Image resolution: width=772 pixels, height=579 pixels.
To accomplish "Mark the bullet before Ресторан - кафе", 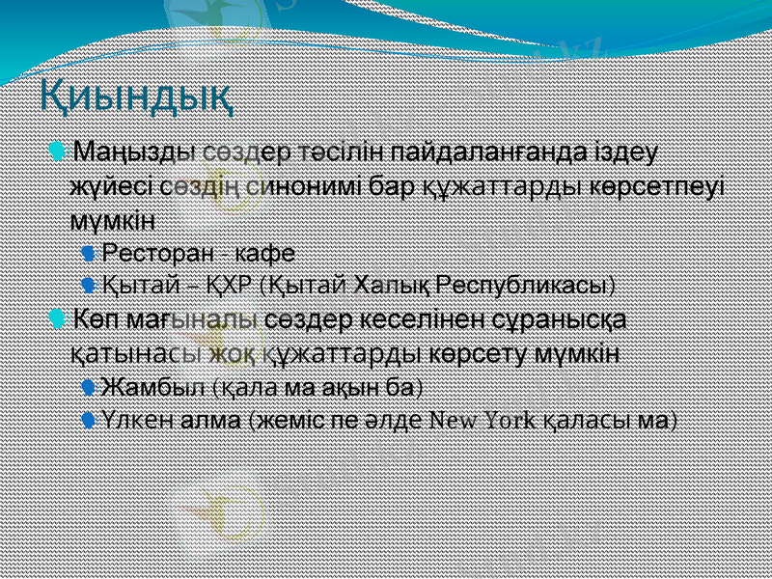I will [x=89, y=253].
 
